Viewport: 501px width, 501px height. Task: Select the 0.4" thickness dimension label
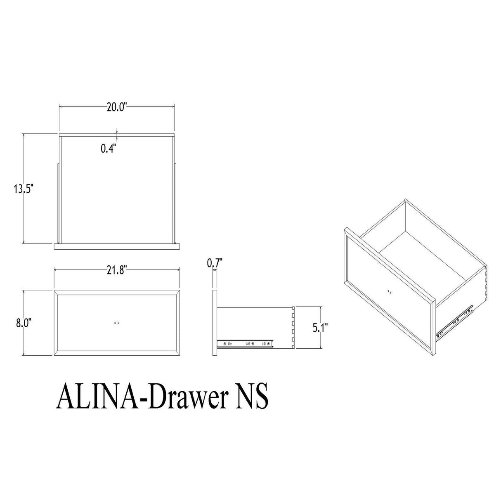tap(109, 149)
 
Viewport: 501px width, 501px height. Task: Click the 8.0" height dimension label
tap(23, 323)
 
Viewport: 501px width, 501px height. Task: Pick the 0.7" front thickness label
tap(215, 262)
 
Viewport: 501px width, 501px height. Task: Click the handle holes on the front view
tap(117, 323)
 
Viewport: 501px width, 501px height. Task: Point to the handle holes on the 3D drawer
tap(390, 291)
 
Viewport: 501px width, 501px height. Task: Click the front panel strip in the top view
tap(117, 245)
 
